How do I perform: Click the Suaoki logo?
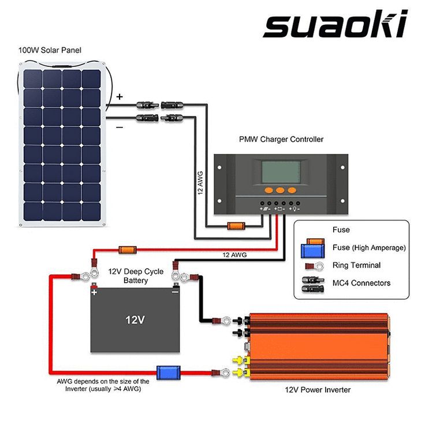[x=335, y=24]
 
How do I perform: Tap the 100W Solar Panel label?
[x=50, y=51]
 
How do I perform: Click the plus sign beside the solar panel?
[x=120, y=97]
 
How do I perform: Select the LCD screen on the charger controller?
[x=280, y=171]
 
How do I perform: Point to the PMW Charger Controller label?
[x=281, y=140]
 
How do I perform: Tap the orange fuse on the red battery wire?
[x=127, y=250]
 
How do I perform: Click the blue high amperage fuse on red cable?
[x=169, y=373]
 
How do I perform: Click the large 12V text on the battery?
[x=135, y=319]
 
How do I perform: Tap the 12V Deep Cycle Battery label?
[x=136, y=276]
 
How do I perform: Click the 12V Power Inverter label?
[x=317, y=390]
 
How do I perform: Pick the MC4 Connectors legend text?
[x=361, y=283]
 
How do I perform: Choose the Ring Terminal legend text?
[x=356, y=265]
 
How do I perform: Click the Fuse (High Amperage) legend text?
[x=369, y=247]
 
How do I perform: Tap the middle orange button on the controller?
[x=280, y=189]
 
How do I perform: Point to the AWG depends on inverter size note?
[x=103, y=385]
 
